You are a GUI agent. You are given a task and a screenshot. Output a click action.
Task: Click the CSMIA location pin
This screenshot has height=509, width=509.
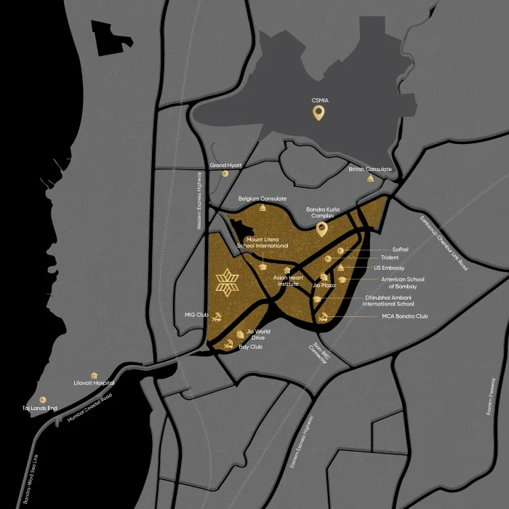tap(318, 113)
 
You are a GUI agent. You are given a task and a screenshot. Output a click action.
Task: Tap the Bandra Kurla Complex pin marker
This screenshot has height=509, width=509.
tap(321, 230)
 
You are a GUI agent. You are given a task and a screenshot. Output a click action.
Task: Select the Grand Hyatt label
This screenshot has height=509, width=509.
tap(225, 166)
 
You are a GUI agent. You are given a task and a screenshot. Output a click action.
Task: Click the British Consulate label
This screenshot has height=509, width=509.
tap(369, 169)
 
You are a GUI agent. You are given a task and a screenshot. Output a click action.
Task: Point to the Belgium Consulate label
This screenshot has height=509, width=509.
tap(262, 199)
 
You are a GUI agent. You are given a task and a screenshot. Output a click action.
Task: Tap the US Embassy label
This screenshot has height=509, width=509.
tap(389, 268)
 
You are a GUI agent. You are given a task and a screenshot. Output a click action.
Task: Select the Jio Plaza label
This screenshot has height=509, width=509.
tap(324, 285)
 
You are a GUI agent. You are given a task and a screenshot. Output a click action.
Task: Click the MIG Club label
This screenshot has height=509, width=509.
tap(197, 315)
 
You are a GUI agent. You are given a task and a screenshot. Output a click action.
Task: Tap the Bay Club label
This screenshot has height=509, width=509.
tap(250, 347)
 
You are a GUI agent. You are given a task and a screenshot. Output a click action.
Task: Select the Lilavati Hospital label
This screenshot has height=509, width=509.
tap(95, 382)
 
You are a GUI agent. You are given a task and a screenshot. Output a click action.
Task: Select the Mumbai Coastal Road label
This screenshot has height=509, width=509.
tap(90, 408)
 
